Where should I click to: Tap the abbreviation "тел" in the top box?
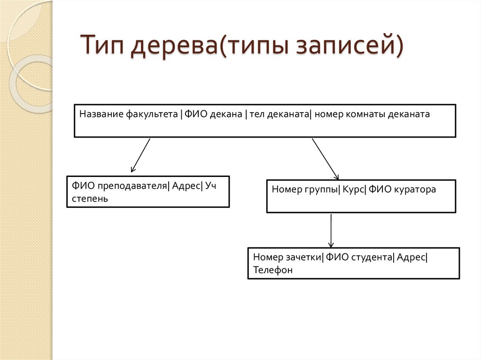(257, 114)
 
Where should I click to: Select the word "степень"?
(90, 199)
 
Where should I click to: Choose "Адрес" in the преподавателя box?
(186, 185)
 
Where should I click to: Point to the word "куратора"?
(415, 190)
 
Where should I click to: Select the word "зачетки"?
(303, 257)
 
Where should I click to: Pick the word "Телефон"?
(272, 270)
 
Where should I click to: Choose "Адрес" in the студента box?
(411, 257)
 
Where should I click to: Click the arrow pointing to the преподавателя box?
(140, 155)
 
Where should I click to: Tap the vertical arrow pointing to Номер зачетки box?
(331, 230)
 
